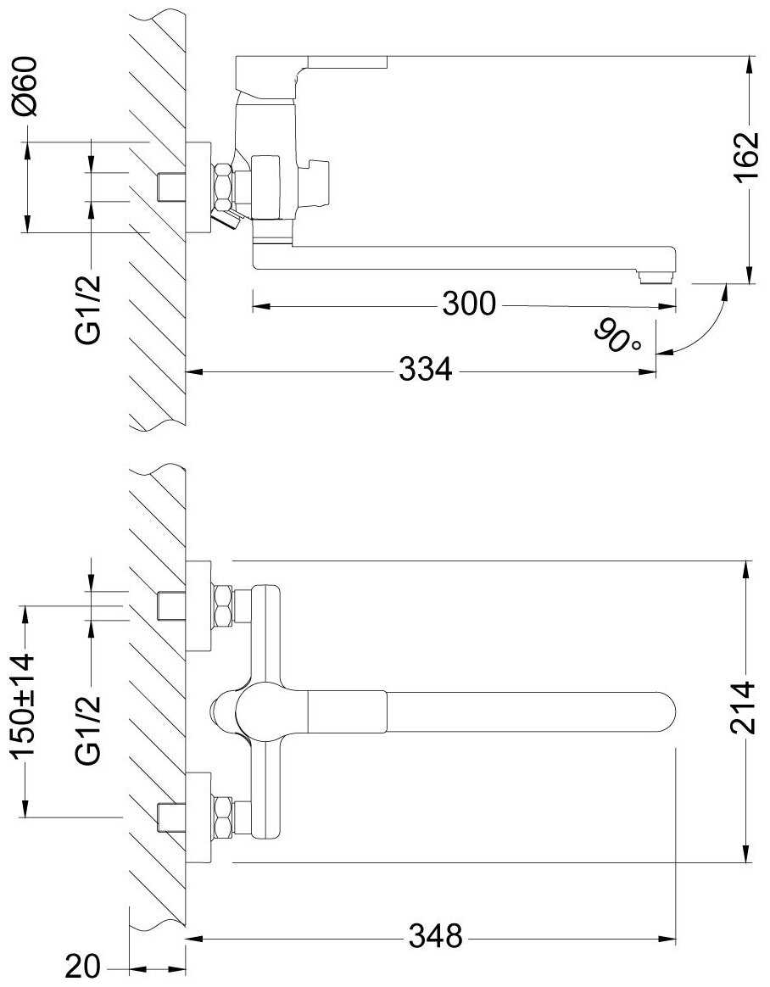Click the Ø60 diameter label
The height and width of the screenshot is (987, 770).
point(26,86)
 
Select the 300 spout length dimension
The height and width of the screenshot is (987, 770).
point(469,304)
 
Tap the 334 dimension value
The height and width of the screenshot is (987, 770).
point(426,370)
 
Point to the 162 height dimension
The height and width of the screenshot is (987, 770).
point(747,158)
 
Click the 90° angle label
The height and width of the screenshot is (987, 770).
point(617,337)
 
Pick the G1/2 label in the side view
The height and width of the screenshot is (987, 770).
point(88,309)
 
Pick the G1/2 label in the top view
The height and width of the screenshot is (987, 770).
point(88,729)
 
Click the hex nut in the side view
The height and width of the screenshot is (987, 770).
point(224,186)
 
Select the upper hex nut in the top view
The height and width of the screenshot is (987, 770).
point(223,606)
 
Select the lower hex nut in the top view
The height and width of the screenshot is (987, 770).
point(223,817)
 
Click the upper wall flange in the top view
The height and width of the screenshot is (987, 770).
point(199,606)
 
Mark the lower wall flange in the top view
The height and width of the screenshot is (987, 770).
point(199,817)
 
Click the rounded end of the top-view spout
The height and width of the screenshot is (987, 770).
point(668,712)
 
